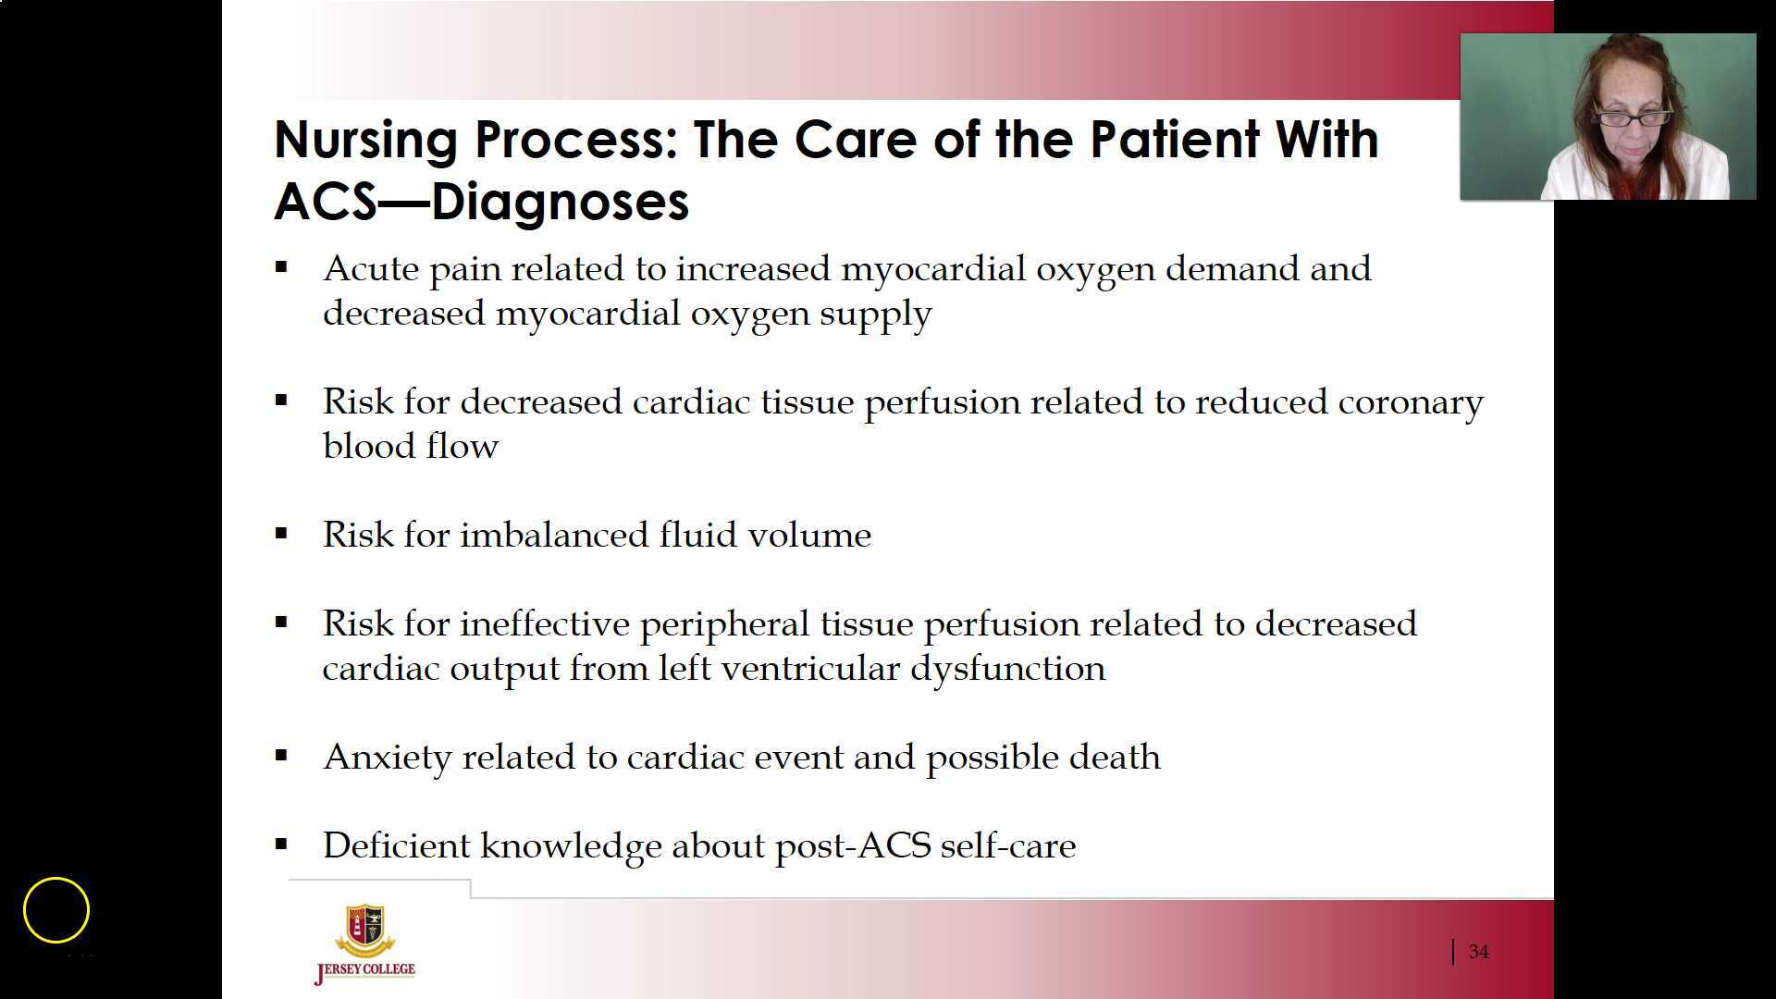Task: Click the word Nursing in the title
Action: (365, 141)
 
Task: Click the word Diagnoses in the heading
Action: (560, 202)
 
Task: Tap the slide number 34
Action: (1478, 952)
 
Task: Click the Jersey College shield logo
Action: (364, 931)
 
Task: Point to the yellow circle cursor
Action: (56, 910)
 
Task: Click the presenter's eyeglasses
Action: (1630, 118)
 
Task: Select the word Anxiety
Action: (387, 758)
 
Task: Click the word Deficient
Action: (396, 846)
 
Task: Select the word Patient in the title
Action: (1174, 141)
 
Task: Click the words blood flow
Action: (410, 447)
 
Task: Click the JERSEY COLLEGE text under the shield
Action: (365, 970)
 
